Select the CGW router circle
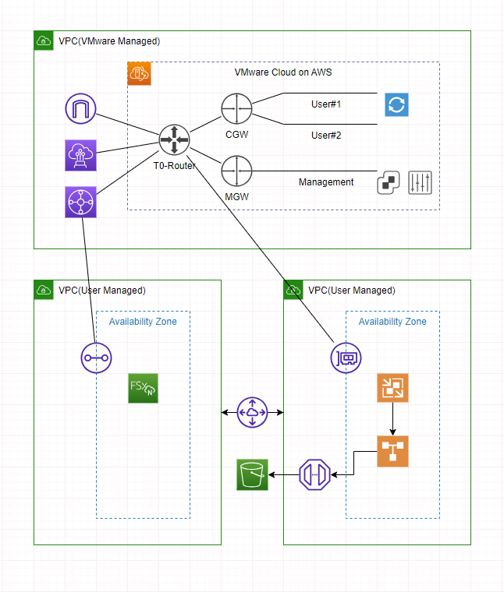tap(236, 108)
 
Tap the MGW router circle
tap(236, 170)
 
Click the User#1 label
tap(326, 104)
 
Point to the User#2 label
tap(326, 136)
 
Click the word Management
tap(326, 182)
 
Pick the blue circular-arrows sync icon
tap(396, 105)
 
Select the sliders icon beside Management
tap(420, 182)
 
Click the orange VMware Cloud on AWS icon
tap(139, 73)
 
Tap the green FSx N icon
tap(143, 388)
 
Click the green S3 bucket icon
tap(252, 474)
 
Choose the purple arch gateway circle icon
tap(80, 109)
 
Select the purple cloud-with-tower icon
tap(80, 156)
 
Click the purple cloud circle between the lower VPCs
tap(252, 412)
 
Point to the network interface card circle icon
tap(346, 358)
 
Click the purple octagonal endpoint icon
tap(314, 474)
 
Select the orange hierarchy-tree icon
tap(392, 451)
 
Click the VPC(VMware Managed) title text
tap(109, 41)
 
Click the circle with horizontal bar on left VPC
tap(96, 358)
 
